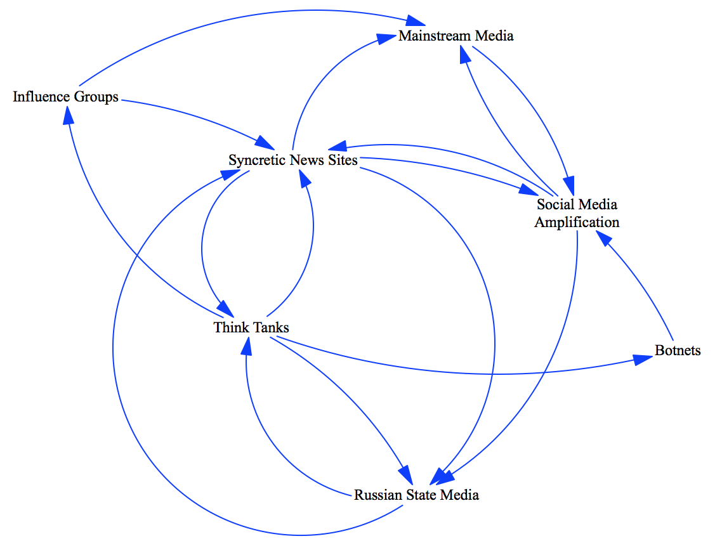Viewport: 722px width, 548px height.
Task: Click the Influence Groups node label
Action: pyautogui.click(x=65, y=97)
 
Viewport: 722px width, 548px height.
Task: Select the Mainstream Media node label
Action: pyautogui.click(x=456, y=36)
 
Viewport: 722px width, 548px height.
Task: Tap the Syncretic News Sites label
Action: pyautogui.click(x=292, y=160)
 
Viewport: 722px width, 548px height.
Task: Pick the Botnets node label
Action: pyautogui.click(x=678, y=350)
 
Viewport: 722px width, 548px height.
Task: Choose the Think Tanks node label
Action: pyautogui.click(x=251, y=327)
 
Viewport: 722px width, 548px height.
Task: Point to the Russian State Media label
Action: pyautogui.click(x=416, y=495)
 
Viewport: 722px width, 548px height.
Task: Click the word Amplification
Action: pyautogui.click(x=577, y=222)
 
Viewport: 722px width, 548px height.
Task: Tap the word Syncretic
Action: pyautogui.click(x=257, y=160)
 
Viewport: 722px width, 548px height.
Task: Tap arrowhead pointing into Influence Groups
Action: pyautogui.click(x=68, y=115)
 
